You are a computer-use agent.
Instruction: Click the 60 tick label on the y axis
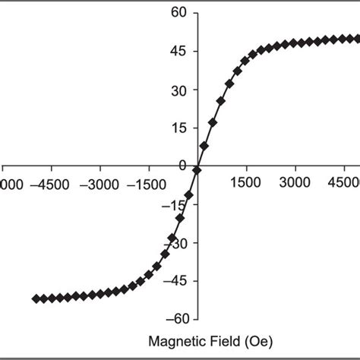click(x=178, y=12)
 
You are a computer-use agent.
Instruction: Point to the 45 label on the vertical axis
click(x=178, y=51)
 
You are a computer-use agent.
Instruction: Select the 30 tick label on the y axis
click(x=178, y=89)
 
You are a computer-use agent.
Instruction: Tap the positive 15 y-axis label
click(x=178, y=127)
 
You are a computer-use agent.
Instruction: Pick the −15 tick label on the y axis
click(x=175, y=204)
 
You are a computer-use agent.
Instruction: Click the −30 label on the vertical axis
click(x=175, y=242)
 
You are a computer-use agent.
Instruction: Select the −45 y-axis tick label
click(x=175, y=280)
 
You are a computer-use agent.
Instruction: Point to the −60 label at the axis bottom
click(x=175, y=319)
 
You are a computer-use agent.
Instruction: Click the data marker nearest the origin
click(x=197, y=170)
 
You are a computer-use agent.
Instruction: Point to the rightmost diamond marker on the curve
click(x=356, y=38)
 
